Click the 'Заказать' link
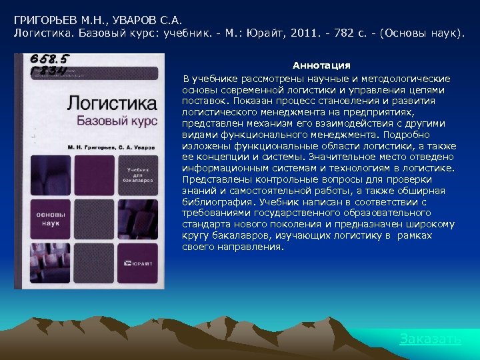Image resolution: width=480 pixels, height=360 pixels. point(429,339)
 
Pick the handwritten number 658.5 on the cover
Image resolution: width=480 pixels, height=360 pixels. point(49,60)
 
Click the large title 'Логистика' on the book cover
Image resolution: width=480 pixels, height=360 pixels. point(112,103)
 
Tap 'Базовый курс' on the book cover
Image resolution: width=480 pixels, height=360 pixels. point(116,121)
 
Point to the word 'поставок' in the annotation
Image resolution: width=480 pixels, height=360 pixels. point(203,101)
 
